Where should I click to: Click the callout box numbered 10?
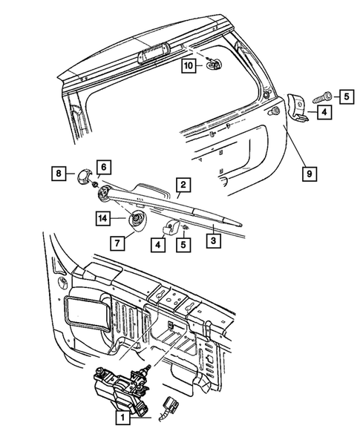click(x=189, y=66)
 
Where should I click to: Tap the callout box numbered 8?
click(x=59, y=174)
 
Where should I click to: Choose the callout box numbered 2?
click(x=182, y=184)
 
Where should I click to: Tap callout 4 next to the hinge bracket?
click(x=325, y=113)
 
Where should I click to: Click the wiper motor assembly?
click(x=122, y=386)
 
